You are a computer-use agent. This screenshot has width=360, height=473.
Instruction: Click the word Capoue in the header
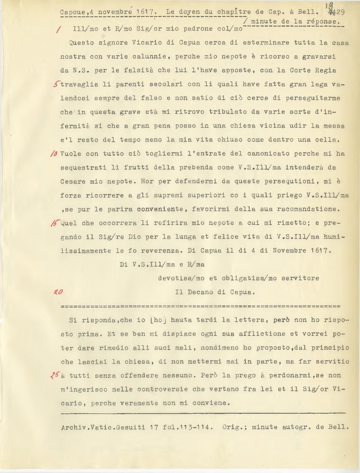point(72,12)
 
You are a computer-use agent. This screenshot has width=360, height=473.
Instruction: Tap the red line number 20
point(58,292)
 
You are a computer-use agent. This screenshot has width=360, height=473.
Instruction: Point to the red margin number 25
point(56,375)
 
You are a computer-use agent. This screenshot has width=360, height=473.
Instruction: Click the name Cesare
point(73,181)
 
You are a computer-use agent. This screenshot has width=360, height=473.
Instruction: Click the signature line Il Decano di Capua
point(215,292)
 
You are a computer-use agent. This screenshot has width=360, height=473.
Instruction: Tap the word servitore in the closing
point(300,278)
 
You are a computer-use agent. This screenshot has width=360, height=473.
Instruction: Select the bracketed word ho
point(158,320)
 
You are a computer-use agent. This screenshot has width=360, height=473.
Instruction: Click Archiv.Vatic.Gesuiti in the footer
point(103,427)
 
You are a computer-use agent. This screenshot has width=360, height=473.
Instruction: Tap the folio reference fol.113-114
point(188,427)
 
